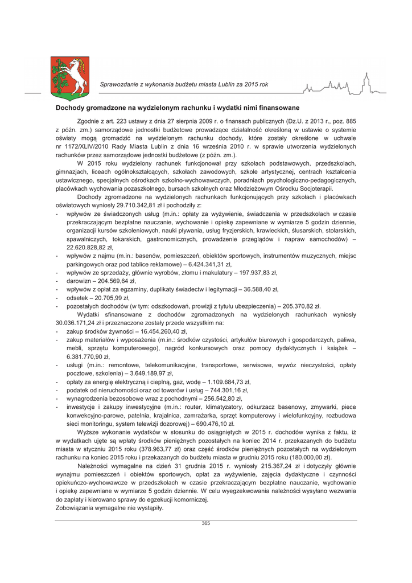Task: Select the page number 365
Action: (206, 523)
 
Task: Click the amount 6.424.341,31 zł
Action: (204, 264)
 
